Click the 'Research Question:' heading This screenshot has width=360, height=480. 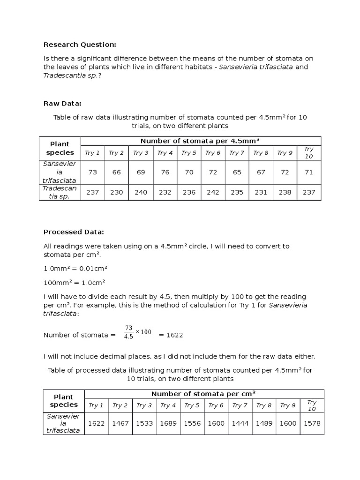coord(79,45)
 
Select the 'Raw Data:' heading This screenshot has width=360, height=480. coord(62,104)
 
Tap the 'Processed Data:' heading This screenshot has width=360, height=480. coord(74,232)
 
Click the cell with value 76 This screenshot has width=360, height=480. coord(165,172)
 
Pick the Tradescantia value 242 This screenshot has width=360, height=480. coord(213,192)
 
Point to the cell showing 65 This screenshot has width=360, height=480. coord(237,172)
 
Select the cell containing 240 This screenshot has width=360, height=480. coord(141,192)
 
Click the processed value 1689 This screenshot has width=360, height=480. coord(168,423)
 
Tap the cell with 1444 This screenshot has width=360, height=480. coord(240,423)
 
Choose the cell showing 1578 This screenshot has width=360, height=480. coord(312,423)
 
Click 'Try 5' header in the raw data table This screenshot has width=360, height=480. coord(188,153)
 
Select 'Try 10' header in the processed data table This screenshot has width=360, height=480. coord(312,405)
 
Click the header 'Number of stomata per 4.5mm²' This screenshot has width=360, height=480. coord(201,141)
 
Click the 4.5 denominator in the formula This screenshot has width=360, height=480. coord(128,337)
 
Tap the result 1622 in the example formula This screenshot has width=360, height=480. coord(171,335)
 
